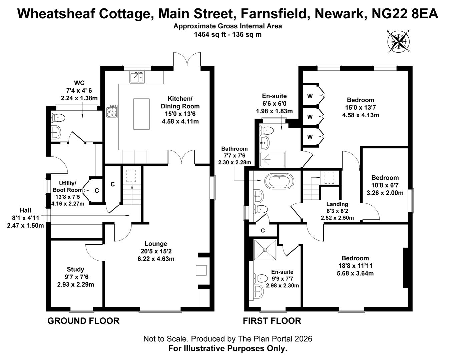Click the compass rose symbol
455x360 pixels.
(x=399, y=42)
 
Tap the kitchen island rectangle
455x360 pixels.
(x=141, y=114)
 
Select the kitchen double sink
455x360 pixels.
(x=137, y=77)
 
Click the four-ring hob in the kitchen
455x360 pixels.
(x=111, y=111)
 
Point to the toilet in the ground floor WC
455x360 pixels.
(x=58, y=117)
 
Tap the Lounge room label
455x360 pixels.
(x=156, y=244)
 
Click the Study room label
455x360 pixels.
(x=75, y=269)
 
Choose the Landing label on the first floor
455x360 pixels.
(x=337, y=204)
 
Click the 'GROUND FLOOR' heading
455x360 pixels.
(x=83, y=321)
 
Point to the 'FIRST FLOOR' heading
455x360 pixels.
(x=272, y=321)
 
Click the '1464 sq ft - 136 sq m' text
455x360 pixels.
(x=227, y=34)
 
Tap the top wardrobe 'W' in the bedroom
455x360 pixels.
(x=310, y=96)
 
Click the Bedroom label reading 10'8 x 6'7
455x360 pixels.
(x=385, y=178)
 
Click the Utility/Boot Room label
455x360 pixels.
(x=68, y=187)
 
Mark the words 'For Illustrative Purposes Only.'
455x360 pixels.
(x=227, y=349)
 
